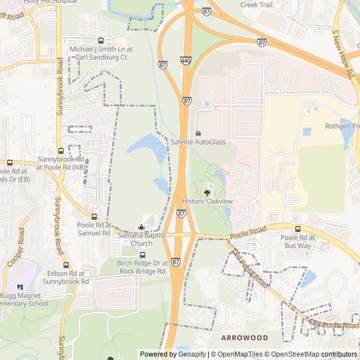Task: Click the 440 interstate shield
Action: tap(186, 60)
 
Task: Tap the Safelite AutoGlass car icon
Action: tap(198, 134)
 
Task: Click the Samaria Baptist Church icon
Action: tap(141, 227)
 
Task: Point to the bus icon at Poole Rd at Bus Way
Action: tap(298, 229)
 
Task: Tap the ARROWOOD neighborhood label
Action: tap(245, 337)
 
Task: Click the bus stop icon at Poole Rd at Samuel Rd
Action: tap(94, 217)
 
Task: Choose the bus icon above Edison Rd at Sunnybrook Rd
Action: tap(66, 265)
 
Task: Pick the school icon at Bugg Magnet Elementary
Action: tap(21, 287)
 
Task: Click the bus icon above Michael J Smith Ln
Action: tap(101, 40)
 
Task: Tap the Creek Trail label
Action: tap(256, 4)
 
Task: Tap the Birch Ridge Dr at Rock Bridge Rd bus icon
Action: tap(142, 255)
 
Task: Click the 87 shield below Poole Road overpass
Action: tap(175, 262)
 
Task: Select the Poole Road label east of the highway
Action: tap(248, 231)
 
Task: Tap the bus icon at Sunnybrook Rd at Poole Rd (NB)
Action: tap(61, 151)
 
